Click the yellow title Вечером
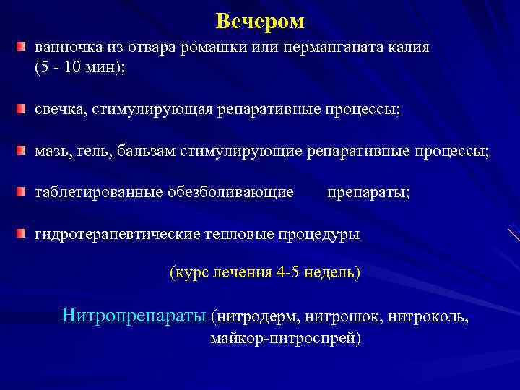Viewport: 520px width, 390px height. click(x=260, y=22)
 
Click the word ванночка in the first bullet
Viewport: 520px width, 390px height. click(x=66, y=48)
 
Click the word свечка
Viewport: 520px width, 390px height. click(x=61, y=109)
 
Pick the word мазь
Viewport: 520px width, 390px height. click(x=51, y=151)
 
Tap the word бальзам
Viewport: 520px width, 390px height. click(x=144, y=151)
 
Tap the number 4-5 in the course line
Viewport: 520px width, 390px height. click(x=291, y=273)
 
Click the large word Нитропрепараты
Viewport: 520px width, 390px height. click(x=135, y=315)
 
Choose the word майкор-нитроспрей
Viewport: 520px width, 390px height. click(x=286, y=337)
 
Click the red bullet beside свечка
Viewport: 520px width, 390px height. click(x=22, y=108)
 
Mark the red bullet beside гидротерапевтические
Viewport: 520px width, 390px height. click(x=22, y=234)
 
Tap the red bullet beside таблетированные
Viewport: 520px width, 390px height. click(x=22, y=192)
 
